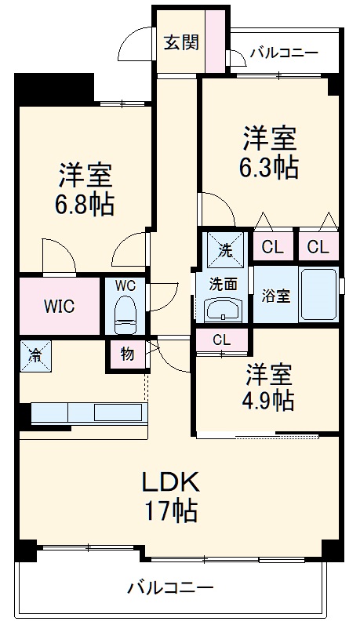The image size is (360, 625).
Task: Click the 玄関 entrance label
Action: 180,42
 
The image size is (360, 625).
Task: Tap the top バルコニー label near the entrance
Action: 283,53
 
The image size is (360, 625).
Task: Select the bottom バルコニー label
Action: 170,587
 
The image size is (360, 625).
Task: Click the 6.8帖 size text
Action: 84,205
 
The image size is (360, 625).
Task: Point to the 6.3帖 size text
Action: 269,168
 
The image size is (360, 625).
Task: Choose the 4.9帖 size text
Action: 267,400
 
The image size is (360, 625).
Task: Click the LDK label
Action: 170,481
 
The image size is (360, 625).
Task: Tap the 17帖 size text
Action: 170,512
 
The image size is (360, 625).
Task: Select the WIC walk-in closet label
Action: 60,306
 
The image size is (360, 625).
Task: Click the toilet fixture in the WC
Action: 125,316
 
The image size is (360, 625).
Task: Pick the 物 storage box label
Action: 126,354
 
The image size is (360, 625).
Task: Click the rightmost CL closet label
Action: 318,248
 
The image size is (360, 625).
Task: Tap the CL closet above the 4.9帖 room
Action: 222,340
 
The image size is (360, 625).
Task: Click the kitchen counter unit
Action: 88,412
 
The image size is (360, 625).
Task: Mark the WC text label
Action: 125,286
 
